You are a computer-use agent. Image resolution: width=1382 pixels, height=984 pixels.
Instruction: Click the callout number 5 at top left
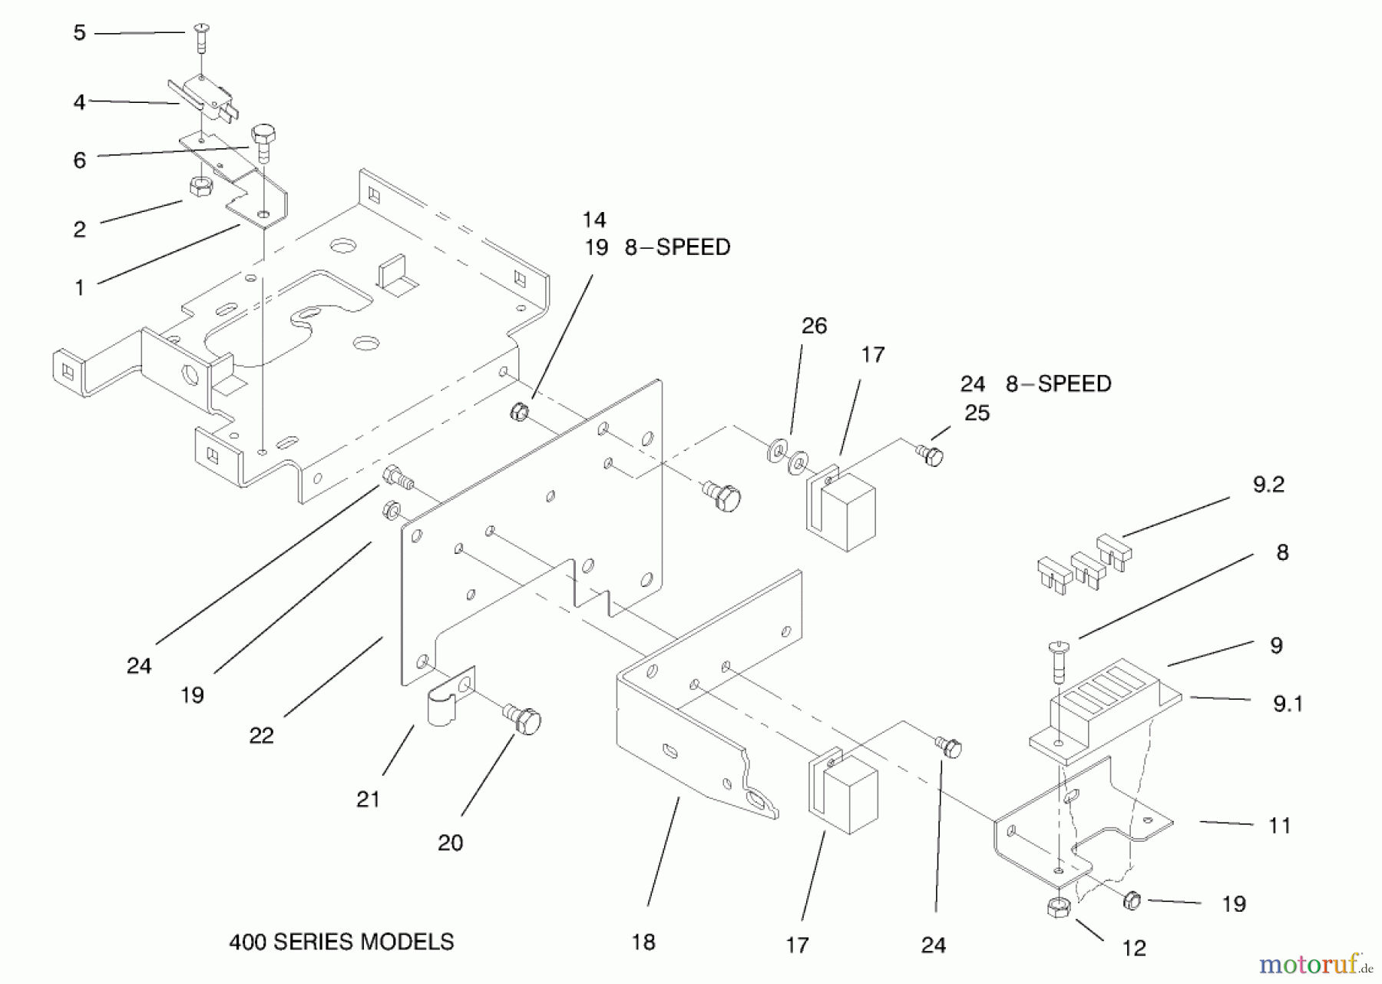[79, 33]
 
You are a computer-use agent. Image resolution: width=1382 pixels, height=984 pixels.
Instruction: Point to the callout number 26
[814, 326]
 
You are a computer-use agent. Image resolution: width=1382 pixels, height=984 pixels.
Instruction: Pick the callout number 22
[261, 735]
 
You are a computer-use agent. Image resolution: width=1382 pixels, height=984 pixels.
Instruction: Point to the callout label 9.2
[1268, 485]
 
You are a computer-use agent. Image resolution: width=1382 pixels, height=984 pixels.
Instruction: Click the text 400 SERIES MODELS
[341, 942]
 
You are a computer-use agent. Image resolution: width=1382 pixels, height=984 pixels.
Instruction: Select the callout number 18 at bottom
[643, 942]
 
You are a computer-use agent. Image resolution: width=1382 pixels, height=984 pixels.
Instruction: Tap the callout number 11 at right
[1279, 826]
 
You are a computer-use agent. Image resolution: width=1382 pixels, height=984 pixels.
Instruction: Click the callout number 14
[593, 220]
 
